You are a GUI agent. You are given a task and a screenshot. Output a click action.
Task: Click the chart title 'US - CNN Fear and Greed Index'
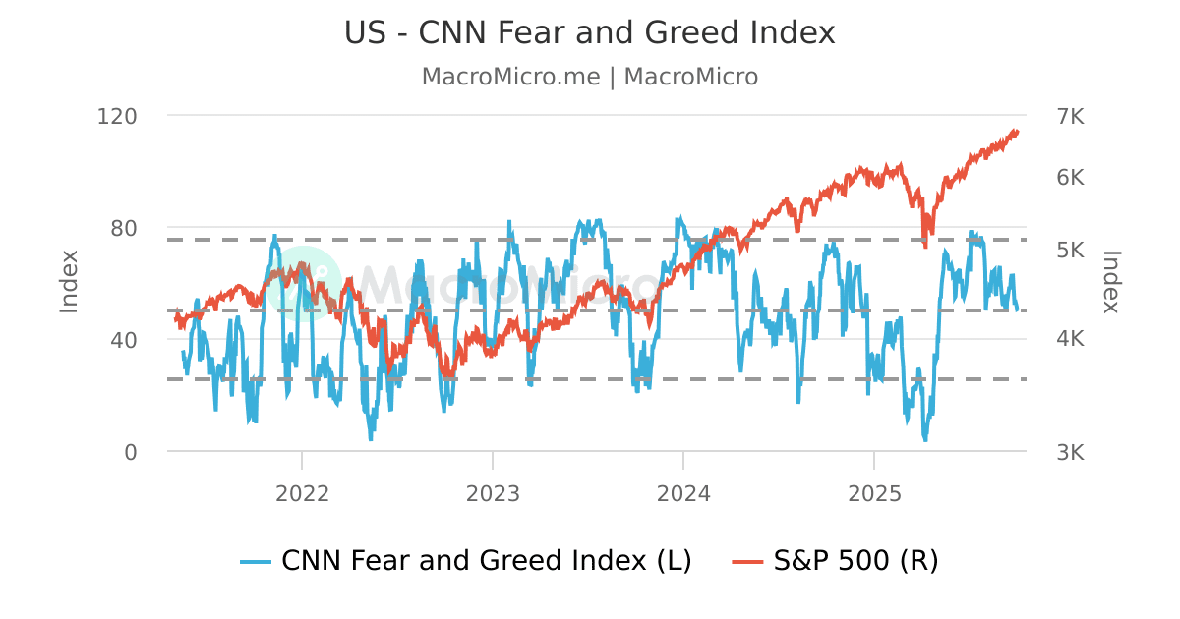589,33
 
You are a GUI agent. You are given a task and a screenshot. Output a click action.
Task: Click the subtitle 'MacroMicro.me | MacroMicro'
589,77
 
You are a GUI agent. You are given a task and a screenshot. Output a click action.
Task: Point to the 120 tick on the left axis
117,116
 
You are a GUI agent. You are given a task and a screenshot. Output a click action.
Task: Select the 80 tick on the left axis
123,228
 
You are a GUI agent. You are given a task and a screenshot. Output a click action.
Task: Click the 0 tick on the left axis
130,452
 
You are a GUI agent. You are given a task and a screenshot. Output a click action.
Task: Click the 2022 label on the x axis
302,493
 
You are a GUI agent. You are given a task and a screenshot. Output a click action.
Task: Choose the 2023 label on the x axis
493,493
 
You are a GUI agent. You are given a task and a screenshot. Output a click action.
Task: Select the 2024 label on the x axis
683,493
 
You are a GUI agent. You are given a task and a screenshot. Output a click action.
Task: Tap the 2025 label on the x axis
874,493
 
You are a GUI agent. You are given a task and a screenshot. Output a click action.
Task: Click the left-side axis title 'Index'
69,282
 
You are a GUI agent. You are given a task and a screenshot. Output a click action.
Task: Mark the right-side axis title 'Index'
1110,282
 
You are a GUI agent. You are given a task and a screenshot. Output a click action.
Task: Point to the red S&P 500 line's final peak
1016,131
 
